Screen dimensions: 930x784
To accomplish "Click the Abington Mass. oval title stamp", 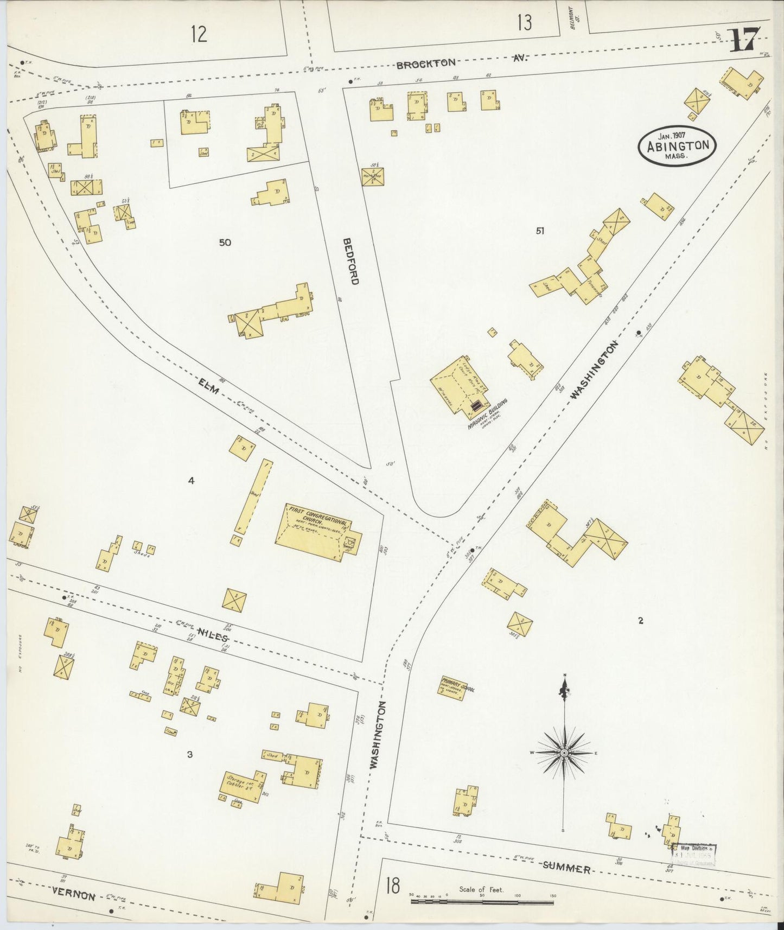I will [x=677, y=145].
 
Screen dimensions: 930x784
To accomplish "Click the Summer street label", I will [x=566, y=869].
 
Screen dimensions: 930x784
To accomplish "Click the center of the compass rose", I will [x=564, y=754].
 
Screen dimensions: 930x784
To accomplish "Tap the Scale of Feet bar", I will [x=482, y=902].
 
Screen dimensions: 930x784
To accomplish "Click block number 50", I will [x=225, y=242].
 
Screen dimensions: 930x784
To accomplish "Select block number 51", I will [x=539, y=231].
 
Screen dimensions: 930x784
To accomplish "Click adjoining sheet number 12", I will [x=199, y=35].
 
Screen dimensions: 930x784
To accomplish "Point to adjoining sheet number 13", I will [x=524, y=23].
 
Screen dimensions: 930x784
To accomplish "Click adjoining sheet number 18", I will [x=392, y=886].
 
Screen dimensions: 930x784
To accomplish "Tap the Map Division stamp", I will [x=694, y=856].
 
